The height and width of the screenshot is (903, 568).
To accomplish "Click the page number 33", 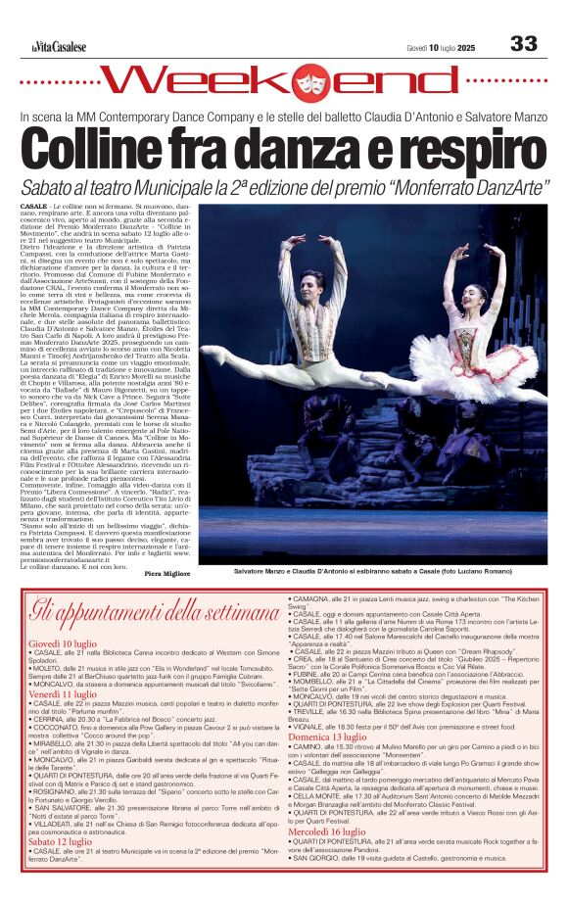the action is click(524, 43).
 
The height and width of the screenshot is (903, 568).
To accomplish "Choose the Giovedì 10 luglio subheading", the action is click(63, 642).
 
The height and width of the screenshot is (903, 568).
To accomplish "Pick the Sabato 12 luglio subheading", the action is click(61, 839).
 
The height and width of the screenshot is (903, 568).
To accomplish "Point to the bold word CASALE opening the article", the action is click(33, 209).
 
